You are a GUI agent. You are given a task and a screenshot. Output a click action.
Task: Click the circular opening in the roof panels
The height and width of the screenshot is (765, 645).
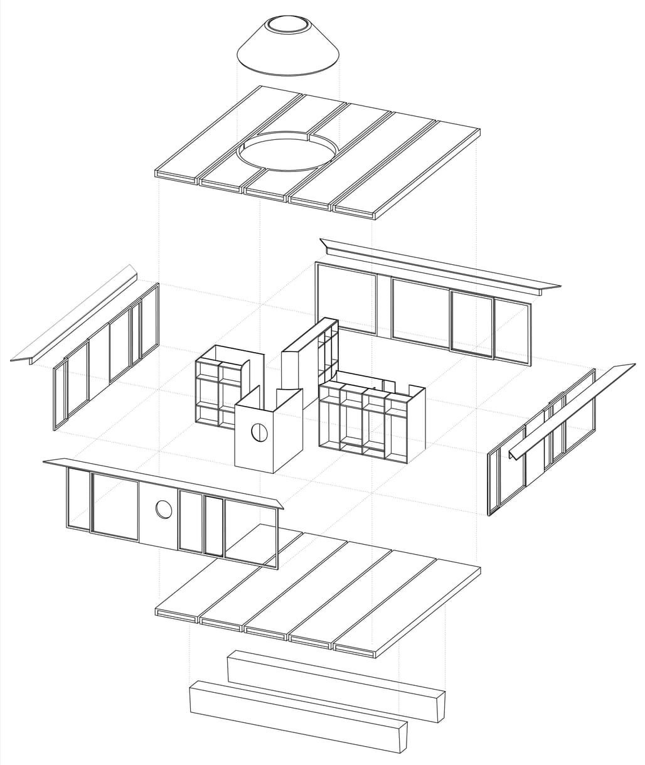287,151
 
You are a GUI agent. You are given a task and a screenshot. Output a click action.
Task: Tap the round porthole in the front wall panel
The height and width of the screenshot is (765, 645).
164,510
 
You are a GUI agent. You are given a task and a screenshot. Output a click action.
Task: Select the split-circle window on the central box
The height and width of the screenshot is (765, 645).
257,432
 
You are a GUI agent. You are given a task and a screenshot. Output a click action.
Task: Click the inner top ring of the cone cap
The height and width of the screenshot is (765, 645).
288,26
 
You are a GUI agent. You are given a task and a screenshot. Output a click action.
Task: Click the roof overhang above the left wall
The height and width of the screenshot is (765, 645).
75,314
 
